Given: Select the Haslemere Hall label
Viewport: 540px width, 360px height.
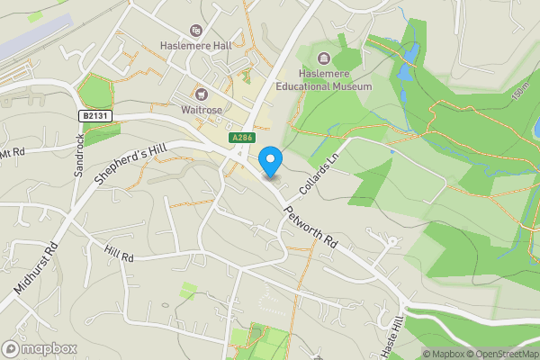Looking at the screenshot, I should pyautogui.click(x=195, y=48).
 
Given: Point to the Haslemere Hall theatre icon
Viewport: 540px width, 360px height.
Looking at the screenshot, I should pyautogui.click(x=195, y=30).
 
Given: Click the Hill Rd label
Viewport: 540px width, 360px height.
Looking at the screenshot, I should pyautogui.click(x=118, y=256).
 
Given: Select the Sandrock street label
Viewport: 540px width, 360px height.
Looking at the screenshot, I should pyautogui.click(x=79, y=154).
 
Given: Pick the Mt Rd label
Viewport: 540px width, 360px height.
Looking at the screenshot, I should pyautogui.click(x=13, y=154).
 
